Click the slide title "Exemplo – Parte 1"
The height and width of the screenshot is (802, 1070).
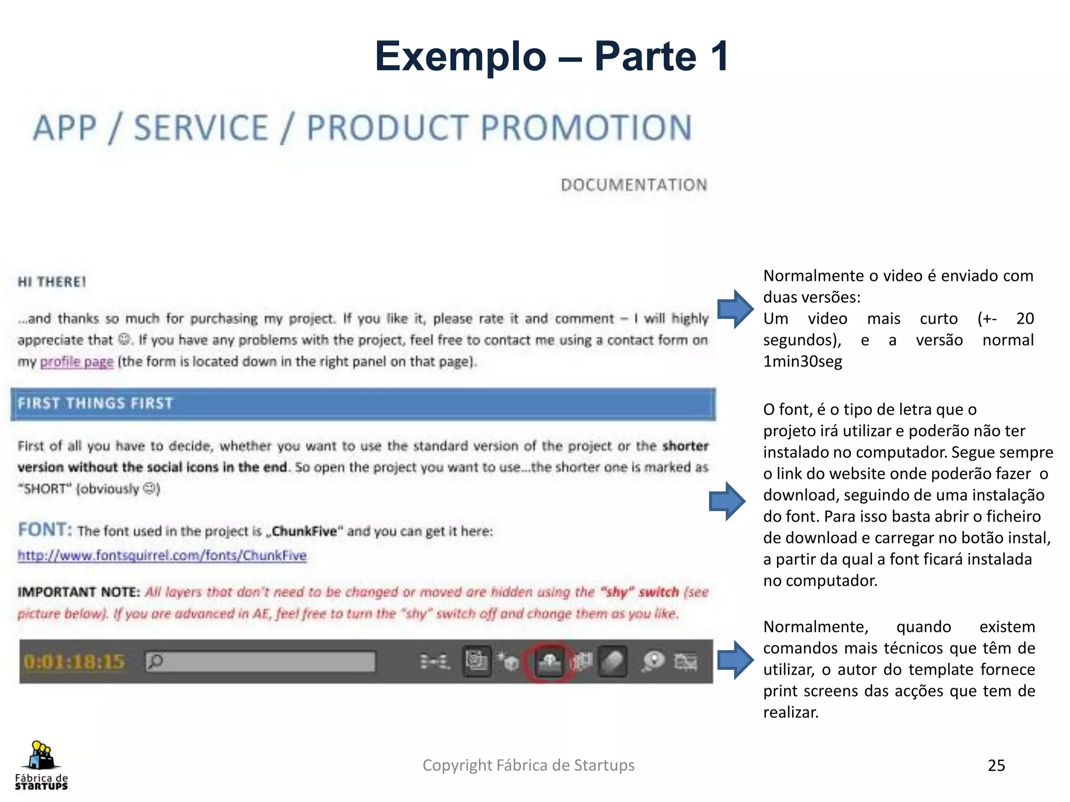tap(552, 56)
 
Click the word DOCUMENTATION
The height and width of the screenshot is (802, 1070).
tap(634, 185)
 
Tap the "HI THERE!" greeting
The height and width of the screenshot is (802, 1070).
tap(52, 282)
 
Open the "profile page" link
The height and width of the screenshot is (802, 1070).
tap(76, 361)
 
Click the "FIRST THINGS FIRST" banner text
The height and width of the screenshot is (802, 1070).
tap(95, 403)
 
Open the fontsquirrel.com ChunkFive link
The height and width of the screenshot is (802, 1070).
tap(162, 555)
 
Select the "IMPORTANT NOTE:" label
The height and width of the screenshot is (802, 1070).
tap(79, 592)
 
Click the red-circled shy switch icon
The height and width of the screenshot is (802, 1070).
tap(549, 662)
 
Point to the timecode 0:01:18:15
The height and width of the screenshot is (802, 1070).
tap(74, 662)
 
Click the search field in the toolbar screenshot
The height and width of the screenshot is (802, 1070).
tap(260, 662)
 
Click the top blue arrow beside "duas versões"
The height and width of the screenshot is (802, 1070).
tap(735, 309)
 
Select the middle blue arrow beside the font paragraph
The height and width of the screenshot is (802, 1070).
tap(726, 501)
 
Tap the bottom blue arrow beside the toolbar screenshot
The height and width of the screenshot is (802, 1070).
tap(735, 659)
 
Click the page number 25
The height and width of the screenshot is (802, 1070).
tap(996, 765)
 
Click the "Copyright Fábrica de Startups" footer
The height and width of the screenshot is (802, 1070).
tap(528, 765)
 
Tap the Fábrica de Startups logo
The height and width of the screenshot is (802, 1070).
tap(41, 765)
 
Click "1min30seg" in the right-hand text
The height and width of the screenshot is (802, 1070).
tap(802, 361)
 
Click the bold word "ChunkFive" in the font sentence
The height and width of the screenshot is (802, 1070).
tap(304, 531)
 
